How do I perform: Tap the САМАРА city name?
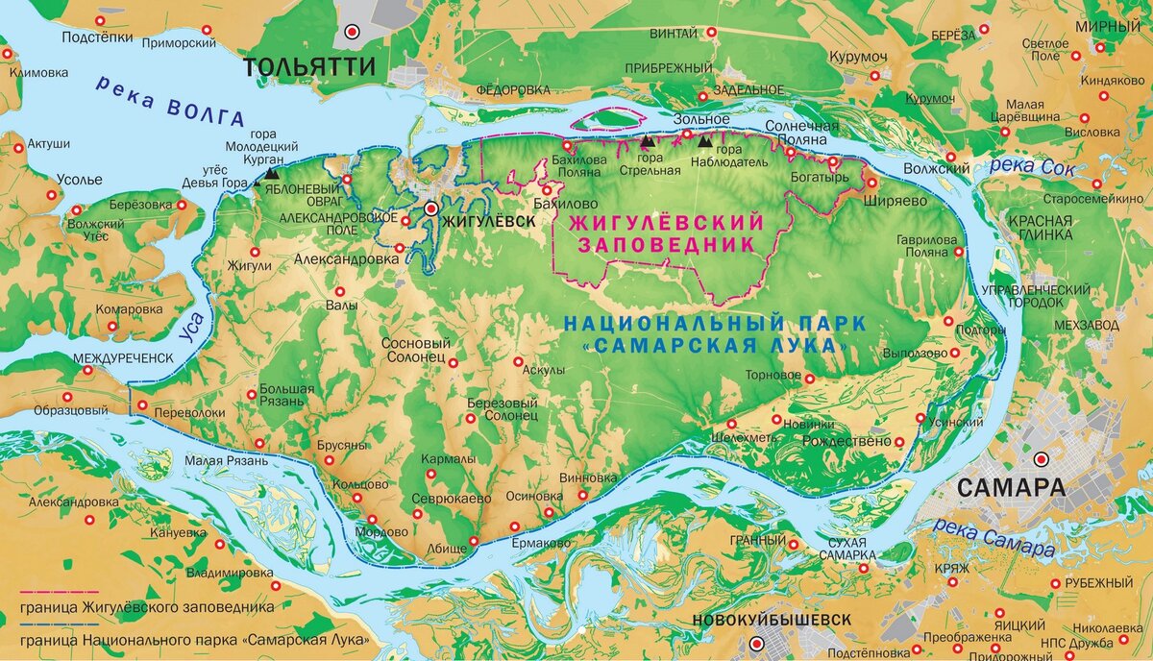[x=1011, y=487]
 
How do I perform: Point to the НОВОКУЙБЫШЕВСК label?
[x=771, y=620]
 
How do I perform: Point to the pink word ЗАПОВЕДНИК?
[x=666, y=245]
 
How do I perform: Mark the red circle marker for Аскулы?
[x=519, y=362]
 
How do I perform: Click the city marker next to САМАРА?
[x=1042, y=458]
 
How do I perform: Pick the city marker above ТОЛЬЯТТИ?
[x=353, y=31]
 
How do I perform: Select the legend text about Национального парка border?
[x=197, y=639]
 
